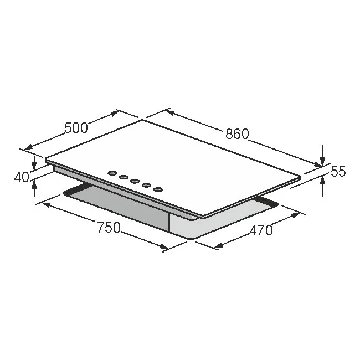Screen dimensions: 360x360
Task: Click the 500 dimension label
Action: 76,128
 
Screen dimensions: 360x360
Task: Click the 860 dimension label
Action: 237,134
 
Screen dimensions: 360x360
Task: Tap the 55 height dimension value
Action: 338,171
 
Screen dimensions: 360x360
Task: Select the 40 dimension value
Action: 22,177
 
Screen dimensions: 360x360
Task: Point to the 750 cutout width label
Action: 109,227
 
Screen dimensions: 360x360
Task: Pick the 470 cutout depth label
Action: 261,230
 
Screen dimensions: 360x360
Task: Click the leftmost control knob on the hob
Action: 112,173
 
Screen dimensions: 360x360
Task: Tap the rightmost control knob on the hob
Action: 158,189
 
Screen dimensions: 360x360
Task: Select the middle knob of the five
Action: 135,181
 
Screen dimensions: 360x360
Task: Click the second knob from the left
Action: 124,177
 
